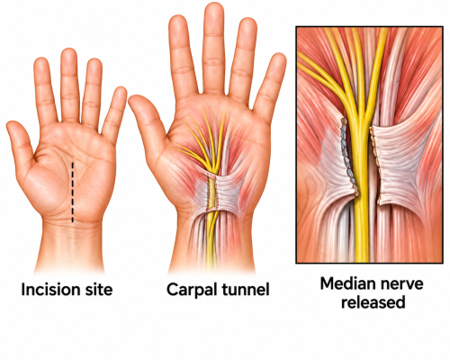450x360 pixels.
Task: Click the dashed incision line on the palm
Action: point(72,192)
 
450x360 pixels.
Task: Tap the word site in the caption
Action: point(97,290)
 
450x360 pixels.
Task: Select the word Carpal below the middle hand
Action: point(192,291)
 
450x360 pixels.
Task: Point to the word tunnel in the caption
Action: point(246,290)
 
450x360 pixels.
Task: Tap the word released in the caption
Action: point(373,302)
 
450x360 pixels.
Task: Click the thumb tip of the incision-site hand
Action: point(12,125)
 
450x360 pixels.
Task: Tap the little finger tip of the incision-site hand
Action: point(121,91)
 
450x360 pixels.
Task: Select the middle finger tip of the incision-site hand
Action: point(68,52)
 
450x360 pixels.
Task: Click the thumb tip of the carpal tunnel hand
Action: point(134,100)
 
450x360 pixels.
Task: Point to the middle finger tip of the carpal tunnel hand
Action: point(214,6)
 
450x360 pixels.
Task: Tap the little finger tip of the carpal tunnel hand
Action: point(279,58)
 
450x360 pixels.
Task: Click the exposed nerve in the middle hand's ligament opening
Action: point(212,193)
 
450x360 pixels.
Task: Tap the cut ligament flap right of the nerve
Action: point(396,165)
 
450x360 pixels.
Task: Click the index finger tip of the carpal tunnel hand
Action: point(177,21)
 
